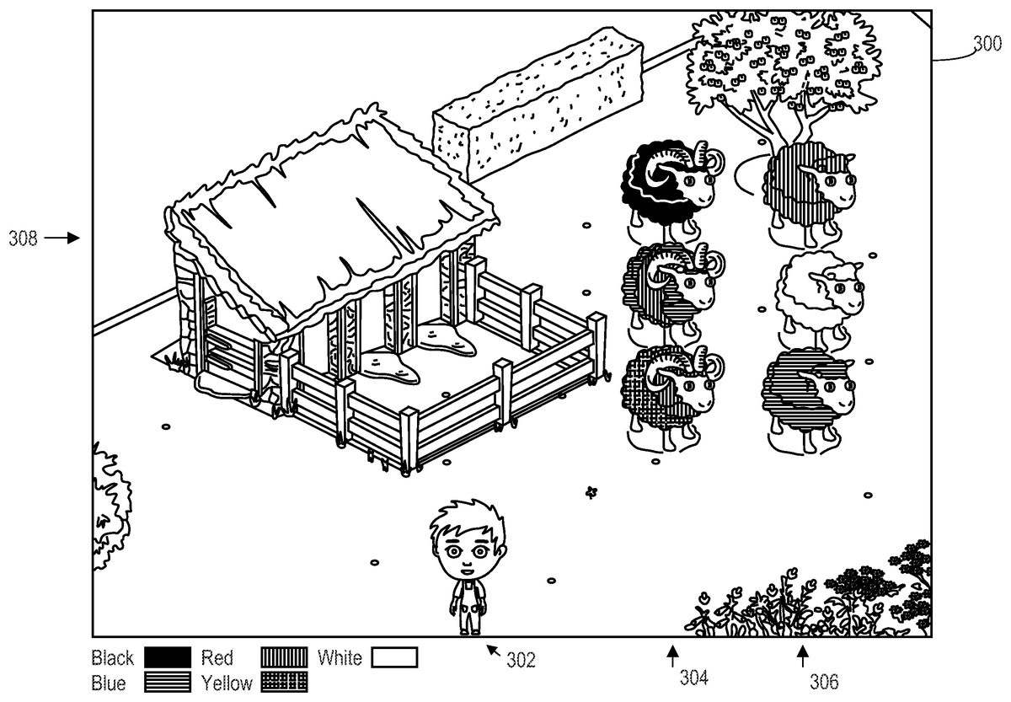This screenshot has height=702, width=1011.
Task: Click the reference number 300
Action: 987,44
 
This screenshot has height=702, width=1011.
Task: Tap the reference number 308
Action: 23,238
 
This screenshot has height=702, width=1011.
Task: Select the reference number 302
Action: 521,660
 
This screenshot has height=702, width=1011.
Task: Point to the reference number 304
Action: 693,678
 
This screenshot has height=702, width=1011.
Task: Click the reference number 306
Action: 824,682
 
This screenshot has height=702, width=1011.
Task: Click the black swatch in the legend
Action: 168,657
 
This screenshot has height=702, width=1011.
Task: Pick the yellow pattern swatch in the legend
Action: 285,682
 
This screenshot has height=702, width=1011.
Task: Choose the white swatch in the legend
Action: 394,657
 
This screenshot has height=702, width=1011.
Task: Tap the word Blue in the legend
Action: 109,683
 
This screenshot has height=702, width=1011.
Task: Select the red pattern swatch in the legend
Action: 285,657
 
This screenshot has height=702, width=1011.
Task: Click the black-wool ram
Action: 671,190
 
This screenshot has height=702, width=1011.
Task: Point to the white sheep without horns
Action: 819,296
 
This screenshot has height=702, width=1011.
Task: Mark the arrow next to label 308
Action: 62,238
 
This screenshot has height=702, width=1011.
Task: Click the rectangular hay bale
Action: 538,104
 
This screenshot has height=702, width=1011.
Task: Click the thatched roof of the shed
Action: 332,221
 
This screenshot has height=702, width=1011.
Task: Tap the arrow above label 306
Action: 802,656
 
